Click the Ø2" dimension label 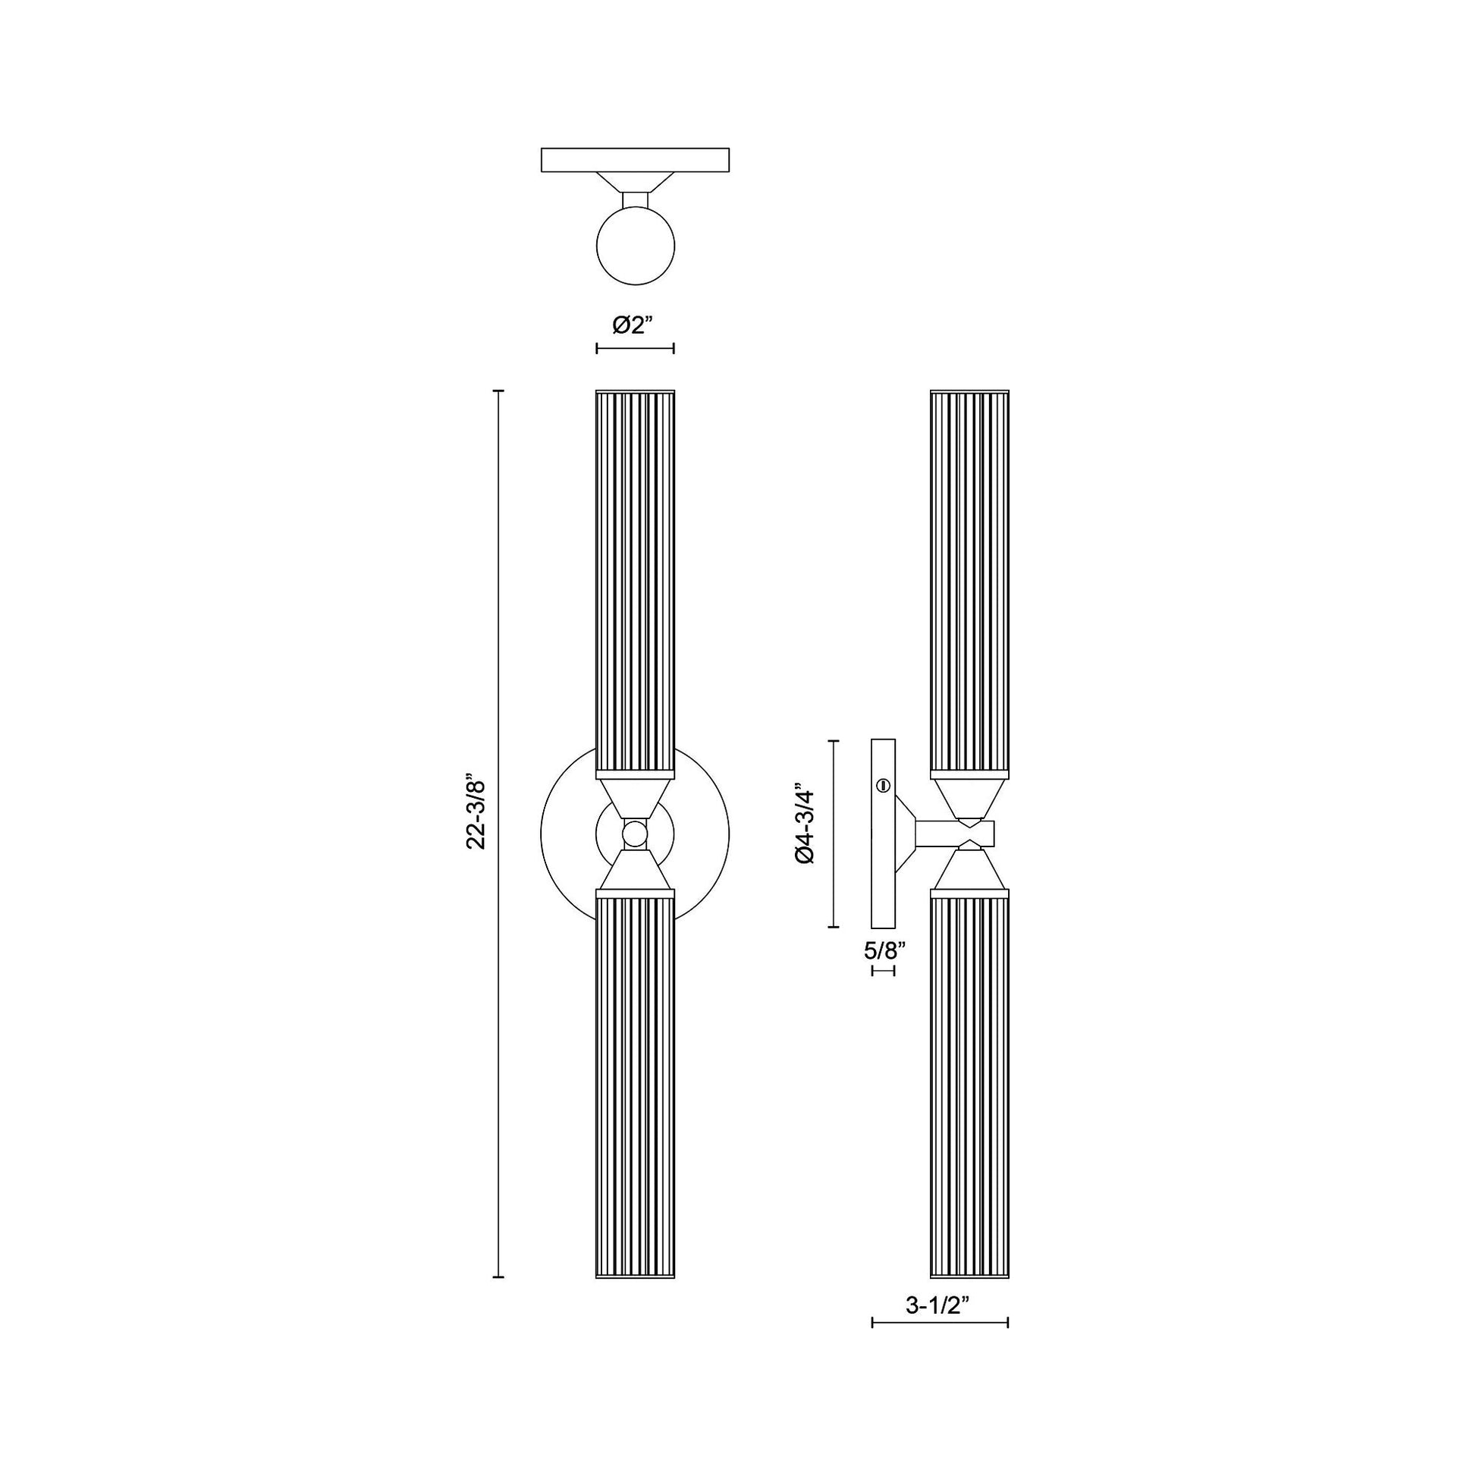click(634, 325)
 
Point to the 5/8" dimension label click(884, 950)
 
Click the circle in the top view click(635, 246)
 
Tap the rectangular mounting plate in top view click(635, 160)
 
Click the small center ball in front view click(634, 834)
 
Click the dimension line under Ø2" click(634, 349)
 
